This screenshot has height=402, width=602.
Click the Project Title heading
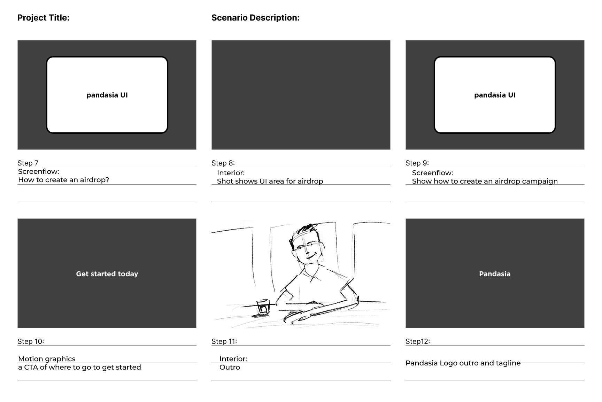[43, 18]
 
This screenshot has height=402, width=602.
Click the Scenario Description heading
[255, 18]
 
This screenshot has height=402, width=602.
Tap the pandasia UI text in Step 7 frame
[107, 95]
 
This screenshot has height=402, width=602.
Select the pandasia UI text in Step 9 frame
[494, 95]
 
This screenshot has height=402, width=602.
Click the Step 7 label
[28, 163]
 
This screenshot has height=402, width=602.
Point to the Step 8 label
[223, 163]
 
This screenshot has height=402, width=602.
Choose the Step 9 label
[417, 163]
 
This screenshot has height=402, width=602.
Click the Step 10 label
[31, 341]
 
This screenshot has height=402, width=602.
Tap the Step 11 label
[224, 341]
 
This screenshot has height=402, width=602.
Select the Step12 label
[417, 341]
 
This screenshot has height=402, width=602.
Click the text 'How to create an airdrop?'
[63, 180]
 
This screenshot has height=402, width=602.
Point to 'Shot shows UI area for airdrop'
[270, 181]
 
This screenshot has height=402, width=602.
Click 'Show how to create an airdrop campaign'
[485, 181]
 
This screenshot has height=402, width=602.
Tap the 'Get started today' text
[107, 274]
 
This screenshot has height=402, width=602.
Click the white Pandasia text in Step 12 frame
[495, 274]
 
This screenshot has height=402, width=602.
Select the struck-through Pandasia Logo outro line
[463, 363]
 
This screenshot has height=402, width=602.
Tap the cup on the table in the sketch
[262, 307]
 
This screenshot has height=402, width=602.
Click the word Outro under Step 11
[230, 368]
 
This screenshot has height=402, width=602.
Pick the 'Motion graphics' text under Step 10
[47, 359]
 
